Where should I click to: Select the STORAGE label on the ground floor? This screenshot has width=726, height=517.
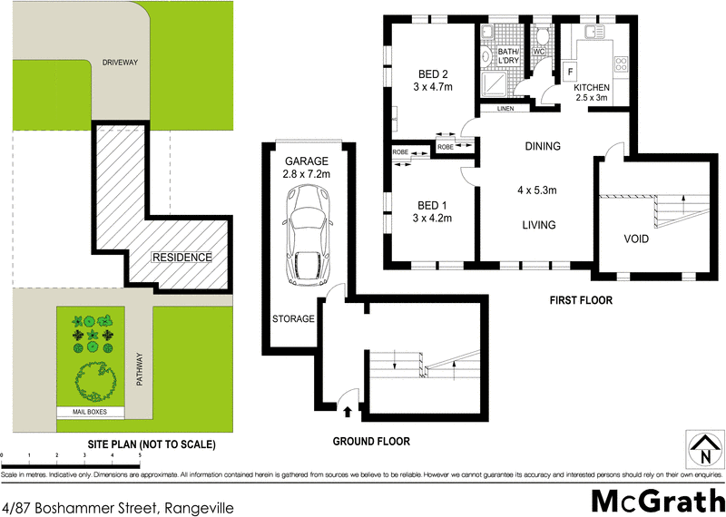coord(293,318)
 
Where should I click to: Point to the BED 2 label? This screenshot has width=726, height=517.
coord(434,74)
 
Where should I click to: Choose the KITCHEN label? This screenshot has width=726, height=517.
coord(592,87)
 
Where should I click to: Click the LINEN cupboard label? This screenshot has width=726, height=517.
coord(505,109)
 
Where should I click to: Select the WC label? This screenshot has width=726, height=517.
coord(537,52)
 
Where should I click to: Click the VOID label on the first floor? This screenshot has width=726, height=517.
coord(636,239)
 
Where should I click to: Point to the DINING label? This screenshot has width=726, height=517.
coord(543,146)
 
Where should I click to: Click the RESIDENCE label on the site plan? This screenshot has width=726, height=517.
coord(181,257)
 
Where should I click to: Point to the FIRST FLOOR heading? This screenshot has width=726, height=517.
coord(581,299)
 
